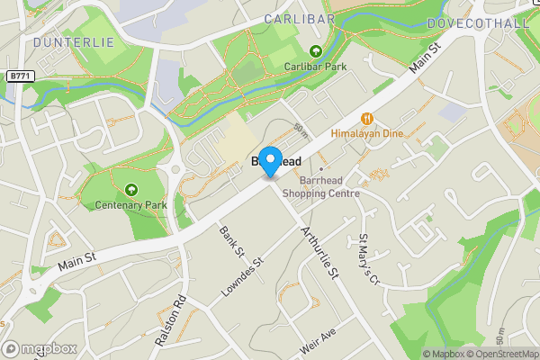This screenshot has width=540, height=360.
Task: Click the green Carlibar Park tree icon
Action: click(x=315, y=51)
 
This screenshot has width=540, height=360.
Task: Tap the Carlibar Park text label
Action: click(x=315, y=66)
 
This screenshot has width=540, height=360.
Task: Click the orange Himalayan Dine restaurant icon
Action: click(x=367, y=118)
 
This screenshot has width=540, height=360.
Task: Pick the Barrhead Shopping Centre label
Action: click(x=321, y=186)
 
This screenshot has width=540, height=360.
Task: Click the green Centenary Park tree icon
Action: click(x=131, y=190)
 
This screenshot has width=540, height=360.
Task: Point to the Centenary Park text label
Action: click(x=131, y=204)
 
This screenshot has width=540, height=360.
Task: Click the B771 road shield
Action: click(x=21, y=77)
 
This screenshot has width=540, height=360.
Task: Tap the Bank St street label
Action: click(x=226, y=239)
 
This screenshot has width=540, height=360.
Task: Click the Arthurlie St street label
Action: click(x=318, y=253)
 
